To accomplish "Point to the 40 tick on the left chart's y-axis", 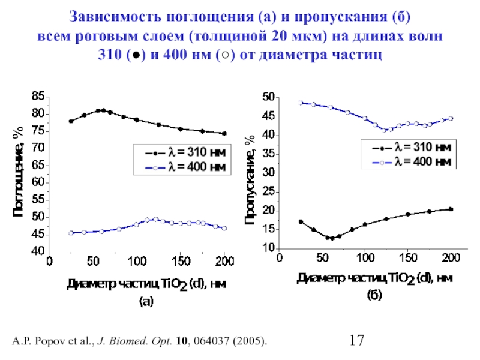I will click(x=38, y=251).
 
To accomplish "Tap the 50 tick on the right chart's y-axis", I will click(x=268, y=97).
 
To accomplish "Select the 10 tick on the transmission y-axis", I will click(x=268, y=248).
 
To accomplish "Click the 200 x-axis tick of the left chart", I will click(x=224, y=262).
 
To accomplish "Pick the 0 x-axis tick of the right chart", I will click(x=278, y=259).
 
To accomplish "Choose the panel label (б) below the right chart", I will click(x=374, y=296).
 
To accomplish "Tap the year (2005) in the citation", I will click(x=247, y=342).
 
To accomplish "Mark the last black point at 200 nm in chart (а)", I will click(x=224, y=134).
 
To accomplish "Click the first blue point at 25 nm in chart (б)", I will click(x=301, y=103).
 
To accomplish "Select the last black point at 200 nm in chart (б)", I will click(x=451, y=209).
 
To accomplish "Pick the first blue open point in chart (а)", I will click(x=71, y=233).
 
